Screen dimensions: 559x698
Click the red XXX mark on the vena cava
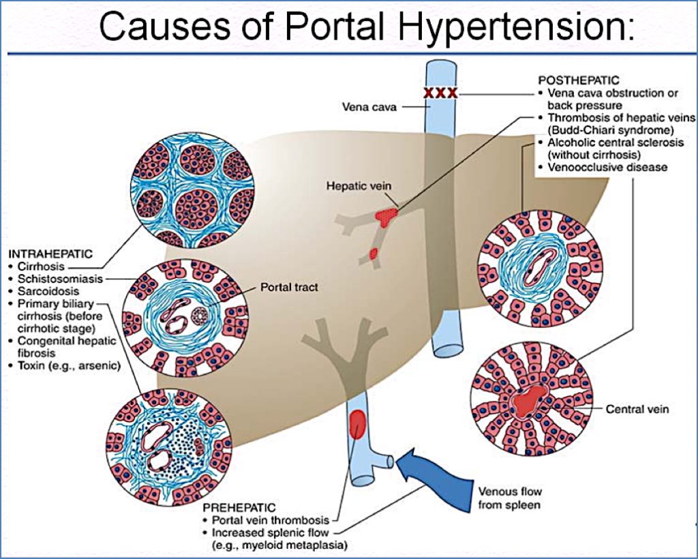[440, 92]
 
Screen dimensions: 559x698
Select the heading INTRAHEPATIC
[50, 254]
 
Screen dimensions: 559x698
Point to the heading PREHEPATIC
[239, 508]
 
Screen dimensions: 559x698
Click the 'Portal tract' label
[289, 288]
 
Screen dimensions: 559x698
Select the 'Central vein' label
[637, 409]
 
